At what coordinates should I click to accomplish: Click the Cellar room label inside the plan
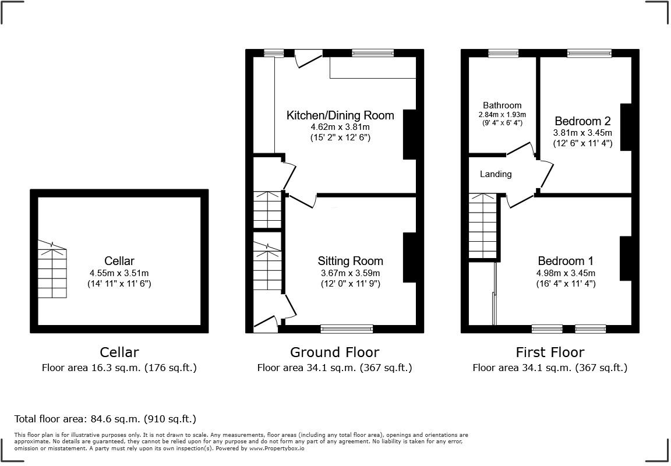[119, 260]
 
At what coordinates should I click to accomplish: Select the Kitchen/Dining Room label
[340, 115]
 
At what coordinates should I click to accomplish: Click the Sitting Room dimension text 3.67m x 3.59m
[350, 273]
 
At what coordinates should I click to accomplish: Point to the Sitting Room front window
[347, 329]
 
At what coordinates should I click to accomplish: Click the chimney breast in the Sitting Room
[410, 257]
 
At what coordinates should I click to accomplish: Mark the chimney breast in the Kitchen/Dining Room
[410, 134]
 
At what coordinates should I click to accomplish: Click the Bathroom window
[503, 53]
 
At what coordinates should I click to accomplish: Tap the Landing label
[496, 174]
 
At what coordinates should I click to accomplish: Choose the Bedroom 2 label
[582, 121]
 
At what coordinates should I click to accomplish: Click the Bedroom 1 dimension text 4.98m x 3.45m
[566, 273]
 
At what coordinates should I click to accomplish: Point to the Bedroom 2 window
[589, 53]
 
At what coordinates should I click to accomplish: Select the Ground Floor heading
[334, 352]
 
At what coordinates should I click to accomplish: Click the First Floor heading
[549, 352]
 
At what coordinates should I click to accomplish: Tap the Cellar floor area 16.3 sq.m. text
[119, 368]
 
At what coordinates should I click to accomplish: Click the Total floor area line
[105, 419]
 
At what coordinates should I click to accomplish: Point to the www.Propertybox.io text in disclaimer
[274, 449]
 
